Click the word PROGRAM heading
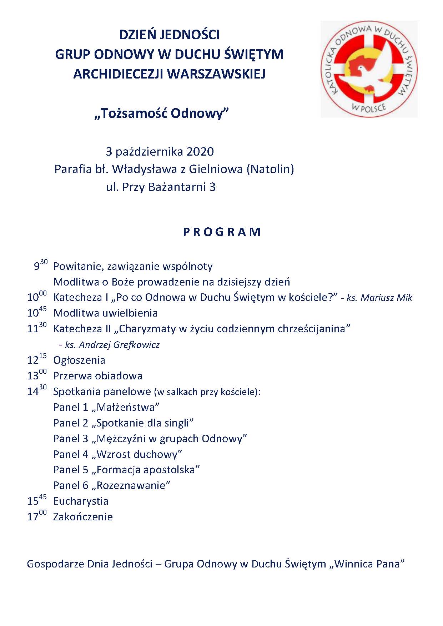(x=222, y=232)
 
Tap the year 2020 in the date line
(x=200, y=151)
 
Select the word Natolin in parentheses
(x=270, y=169)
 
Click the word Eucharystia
(x=81, y=501)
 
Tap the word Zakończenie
(x=83, y=517)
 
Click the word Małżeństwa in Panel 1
(x=127, y=407)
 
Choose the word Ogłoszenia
(x=79, y=360)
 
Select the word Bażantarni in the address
(x=175, y=187)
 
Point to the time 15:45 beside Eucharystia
(x=37, y=500)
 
